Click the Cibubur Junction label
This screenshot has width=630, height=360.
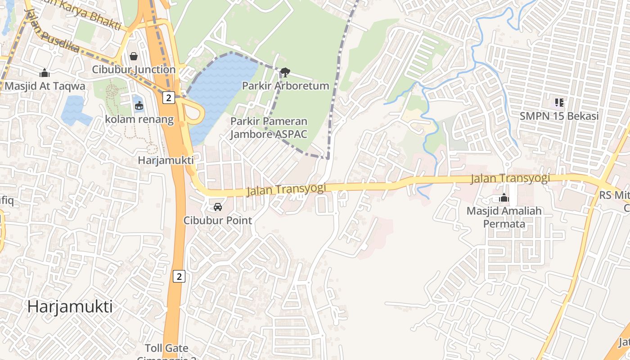point(134,70)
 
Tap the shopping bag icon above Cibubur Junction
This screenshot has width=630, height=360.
point(134,56)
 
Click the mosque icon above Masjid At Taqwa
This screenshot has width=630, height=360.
point(45,73)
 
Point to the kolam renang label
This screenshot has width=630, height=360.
point(139,119)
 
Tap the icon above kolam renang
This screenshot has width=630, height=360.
point(139,106)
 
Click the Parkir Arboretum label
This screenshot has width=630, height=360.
point(285,85)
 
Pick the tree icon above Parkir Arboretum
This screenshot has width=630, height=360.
point(285,72)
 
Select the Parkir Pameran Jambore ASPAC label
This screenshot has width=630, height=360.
point(269,128)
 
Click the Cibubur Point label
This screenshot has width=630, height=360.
point(218,220)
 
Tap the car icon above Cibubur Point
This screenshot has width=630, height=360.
point(218,207)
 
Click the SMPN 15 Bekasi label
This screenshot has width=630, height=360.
point(559,116)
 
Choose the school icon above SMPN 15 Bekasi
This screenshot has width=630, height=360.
point(559,103)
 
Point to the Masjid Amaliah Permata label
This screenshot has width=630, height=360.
point(504,217)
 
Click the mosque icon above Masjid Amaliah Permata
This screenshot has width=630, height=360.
point(504,198)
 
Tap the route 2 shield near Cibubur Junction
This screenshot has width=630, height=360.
point(168,98)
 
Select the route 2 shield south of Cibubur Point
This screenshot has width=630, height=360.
point(179,276)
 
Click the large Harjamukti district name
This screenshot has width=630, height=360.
point(70,306)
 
